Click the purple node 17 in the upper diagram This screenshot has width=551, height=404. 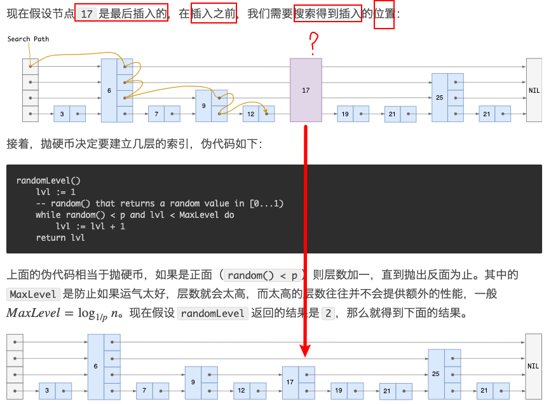coord(306,90)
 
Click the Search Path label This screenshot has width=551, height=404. coord(28,39)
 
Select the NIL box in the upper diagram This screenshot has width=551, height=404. coord(534,90)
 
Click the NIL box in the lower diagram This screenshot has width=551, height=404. coord(533,366)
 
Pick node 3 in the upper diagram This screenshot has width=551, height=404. coord(62,114)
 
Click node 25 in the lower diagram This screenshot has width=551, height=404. coord(435,374)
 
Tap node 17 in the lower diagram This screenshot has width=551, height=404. coord(290,382)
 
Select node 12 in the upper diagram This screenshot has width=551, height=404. coord(251,114)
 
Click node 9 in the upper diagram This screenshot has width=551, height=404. coord(203,105)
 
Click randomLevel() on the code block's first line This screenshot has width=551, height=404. coord(48,180)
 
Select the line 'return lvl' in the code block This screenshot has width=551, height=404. coord(60,238)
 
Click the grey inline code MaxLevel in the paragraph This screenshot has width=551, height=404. coord(33,295)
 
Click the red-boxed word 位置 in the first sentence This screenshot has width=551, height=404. coord(384,13)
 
